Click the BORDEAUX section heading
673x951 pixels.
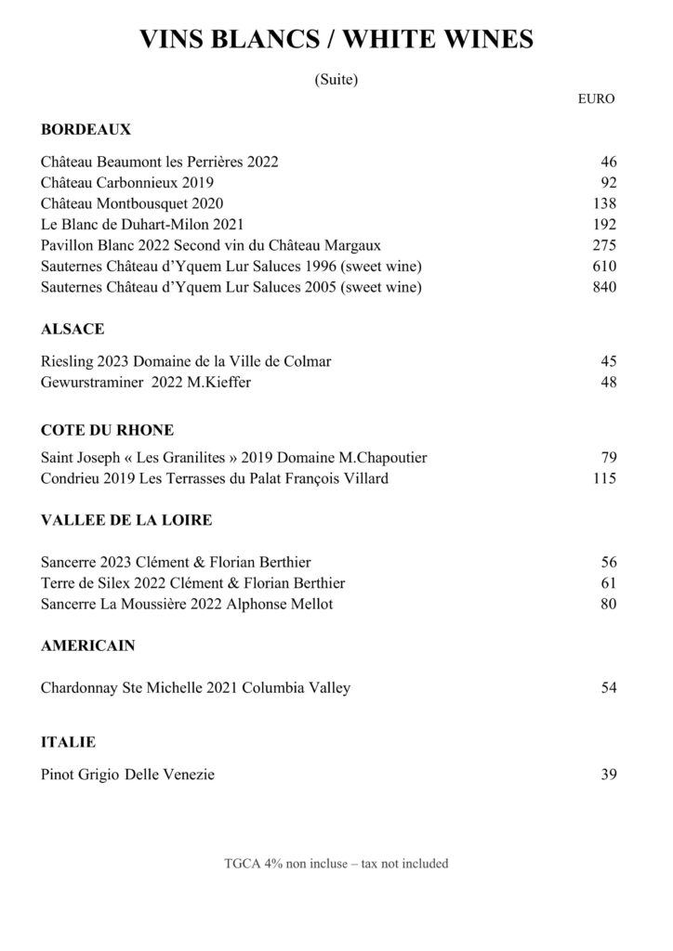(86, 129)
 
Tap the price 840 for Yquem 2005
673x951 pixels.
(604, 288)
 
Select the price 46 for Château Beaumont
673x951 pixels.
(609, 162)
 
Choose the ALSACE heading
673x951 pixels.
(73, 329)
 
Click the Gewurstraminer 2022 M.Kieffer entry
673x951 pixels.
(147, 382)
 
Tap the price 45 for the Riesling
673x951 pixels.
(609, 361)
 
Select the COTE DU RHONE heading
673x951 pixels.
(108, 430)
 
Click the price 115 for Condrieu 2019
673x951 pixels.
(604, 479)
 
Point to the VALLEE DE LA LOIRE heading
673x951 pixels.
(126, 520)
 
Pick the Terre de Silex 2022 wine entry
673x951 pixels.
(193, 583)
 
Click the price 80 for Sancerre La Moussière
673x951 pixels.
(609, 605)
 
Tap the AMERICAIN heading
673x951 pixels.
(88, 645)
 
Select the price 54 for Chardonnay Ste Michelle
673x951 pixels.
(609, 688)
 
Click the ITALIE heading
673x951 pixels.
(69, 742)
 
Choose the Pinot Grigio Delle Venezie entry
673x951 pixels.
(128, 775)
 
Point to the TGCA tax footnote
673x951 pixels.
(336, 864)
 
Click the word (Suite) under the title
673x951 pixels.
(336, 80)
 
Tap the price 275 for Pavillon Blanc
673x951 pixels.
(604, 245)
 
